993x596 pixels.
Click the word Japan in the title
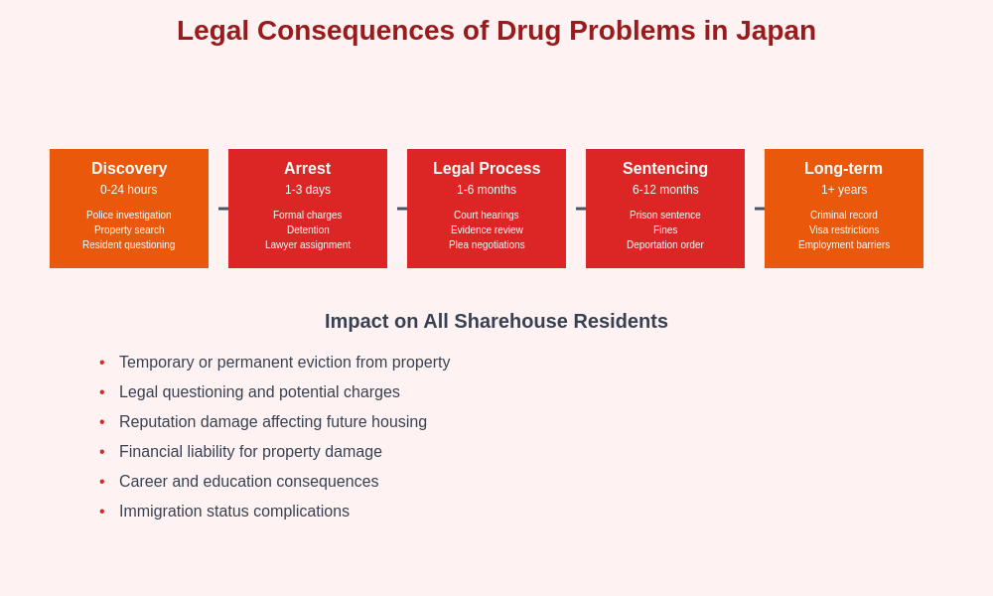click(x=776, y=31)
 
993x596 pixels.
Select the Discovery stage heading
click(x=129, y=169)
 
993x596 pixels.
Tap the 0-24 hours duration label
click(x=129, y=190)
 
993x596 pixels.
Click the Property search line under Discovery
click(x=129, y=230)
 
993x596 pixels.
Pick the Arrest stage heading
click(x=308, y=169)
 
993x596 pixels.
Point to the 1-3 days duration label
click(x=308, y=190)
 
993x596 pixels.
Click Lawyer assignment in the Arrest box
click(x=308, y=245)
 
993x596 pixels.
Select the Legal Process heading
click(x=487, y=169)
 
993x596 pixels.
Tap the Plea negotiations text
click(x=487, y=245)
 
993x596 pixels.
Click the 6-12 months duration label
click(x=665, y=190)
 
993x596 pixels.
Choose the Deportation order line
click(x=665, y=245)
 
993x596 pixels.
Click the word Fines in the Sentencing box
click(x=665, y=230)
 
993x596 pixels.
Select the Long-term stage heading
click(x=843, y=169)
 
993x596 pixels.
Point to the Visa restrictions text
click(x=844, y=230)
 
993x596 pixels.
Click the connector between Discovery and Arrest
click(x=222, y=209)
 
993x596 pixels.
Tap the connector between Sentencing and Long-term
click(x=759, y=209)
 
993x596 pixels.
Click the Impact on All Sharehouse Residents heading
click(x=496, y=322)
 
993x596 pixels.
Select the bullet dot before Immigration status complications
click(x=102, y=512)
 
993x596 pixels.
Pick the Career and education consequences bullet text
click(x=248, y=482)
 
